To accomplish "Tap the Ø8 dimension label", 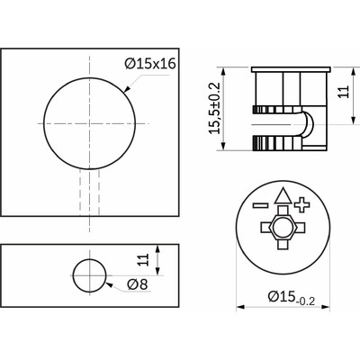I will click(138, 284).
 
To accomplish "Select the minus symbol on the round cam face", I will click(260, 204).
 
